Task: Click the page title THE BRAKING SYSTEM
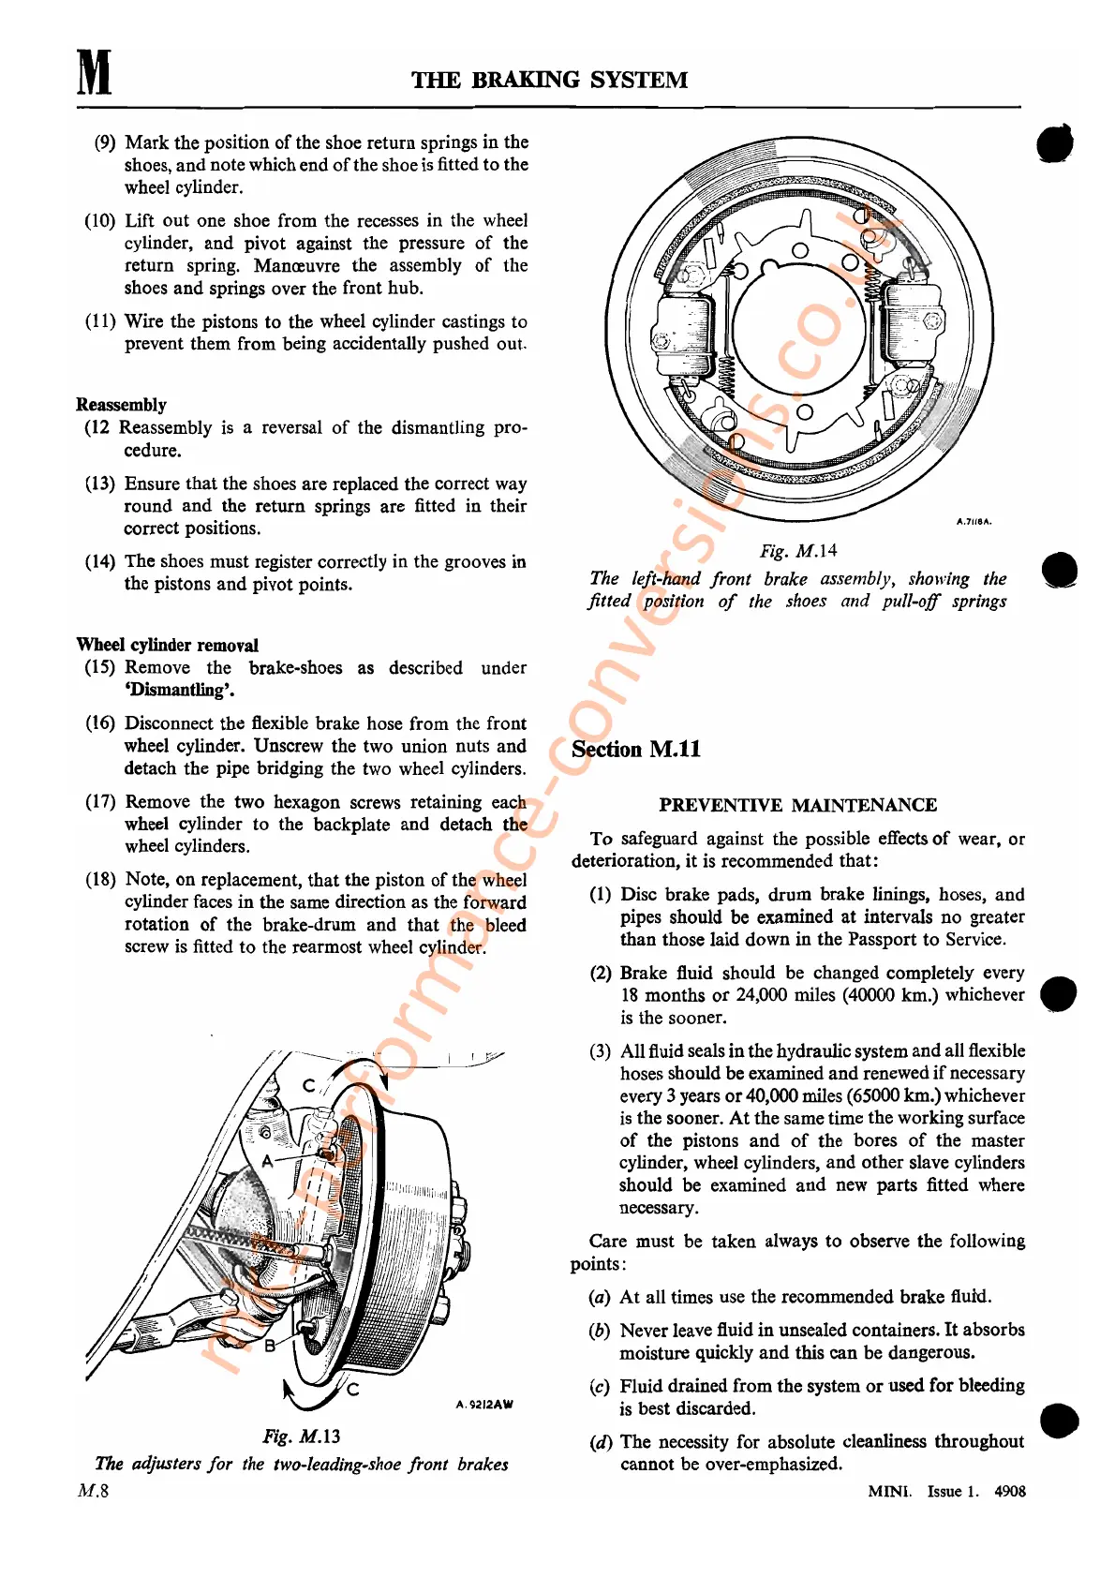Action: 549,81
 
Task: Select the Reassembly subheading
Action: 121,405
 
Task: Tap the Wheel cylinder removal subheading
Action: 167,645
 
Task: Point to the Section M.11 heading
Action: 636,750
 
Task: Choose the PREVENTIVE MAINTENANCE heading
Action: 797,805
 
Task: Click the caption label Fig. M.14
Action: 798,551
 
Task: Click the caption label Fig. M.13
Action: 301,1437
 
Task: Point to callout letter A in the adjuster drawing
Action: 267,1161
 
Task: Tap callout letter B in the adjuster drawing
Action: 270,1346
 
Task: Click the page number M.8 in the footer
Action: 93,1491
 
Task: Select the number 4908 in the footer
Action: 1009,1492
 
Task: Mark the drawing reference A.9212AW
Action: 484,1405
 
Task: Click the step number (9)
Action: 105,142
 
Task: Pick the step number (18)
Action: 100,880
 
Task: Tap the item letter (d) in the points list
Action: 601,1442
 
